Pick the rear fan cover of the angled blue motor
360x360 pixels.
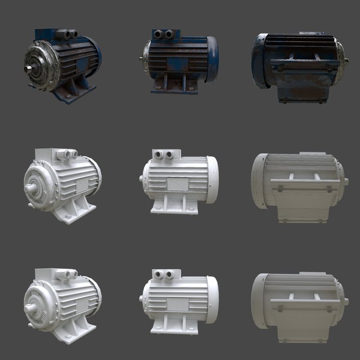96,51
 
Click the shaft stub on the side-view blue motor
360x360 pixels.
142,59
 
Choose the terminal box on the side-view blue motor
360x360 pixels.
165,35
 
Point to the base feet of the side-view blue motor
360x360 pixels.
175,86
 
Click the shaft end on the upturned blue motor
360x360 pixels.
346,61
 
